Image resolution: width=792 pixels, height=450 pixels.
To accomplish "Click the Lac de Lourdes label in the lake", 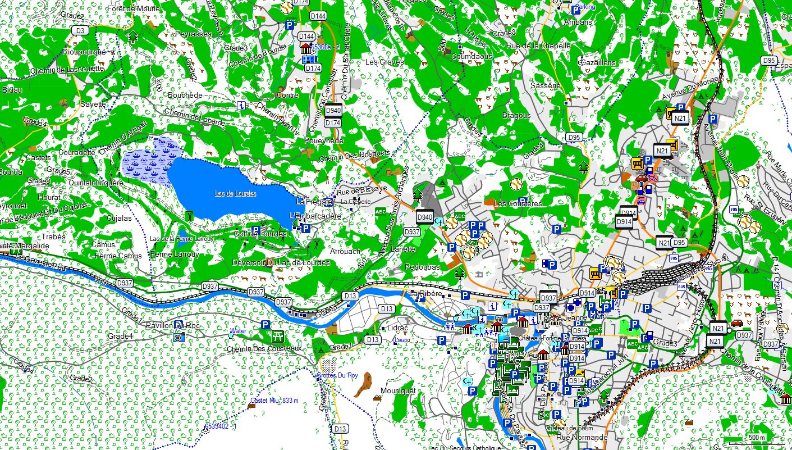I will point(235,194).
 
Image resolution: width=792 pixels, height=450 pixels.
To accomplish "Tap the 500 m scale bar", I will point(758,438).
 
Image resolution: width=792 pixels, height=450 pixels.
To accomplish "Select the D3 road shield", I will point(81,30).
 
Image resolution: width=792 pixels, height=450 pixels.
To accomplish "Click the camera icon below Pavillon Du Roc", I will point(178,338).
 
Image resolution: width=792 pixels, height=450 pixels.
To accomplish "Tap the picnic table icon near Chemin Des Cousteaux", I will point(277,337).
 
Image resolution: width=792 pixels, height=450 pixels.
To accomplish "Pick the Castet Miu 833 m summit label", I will point(274,401).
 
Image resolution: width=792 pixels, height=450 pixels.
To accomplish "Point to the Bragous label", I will point(516,115).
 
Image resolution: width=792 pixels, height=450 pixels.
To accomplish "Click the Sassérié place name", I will point(545,86).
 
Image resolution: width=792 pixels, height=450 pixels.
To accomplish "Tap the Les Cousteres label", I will point(518,203).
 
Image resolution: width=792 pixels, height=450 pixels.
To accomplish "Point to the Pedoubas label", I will point(422,267).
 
